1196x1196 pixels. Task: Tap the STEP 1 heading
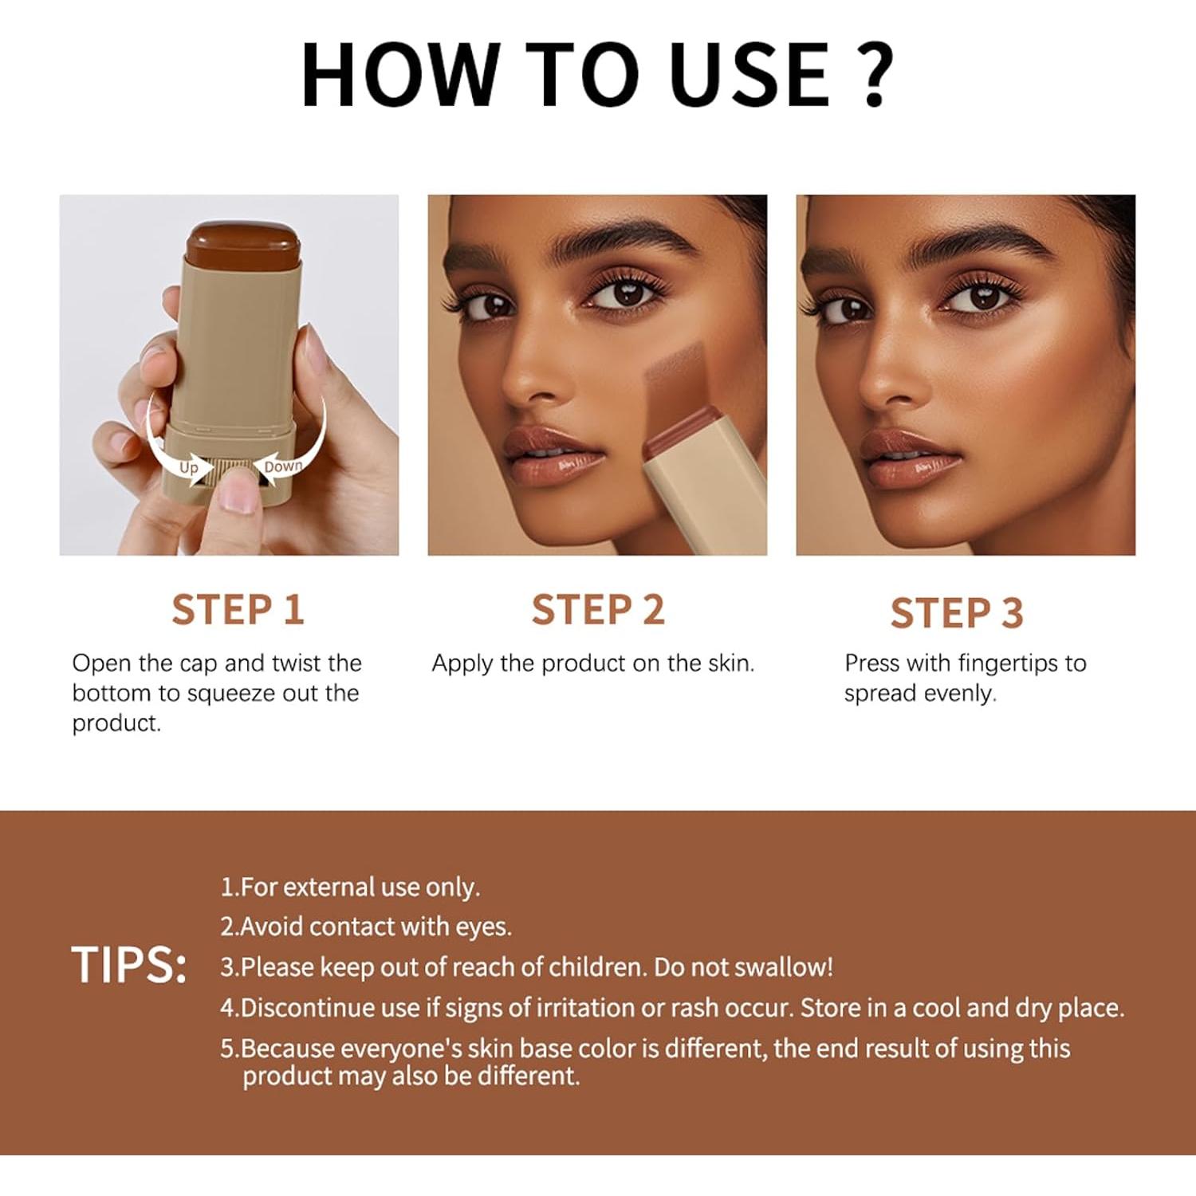coord(238,610)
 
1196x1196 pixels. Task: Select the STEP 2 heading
coord(598,610)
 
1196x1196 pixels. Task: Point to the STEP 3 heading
coord(957,613)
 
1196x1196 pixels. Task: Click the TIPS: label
coord(129,965)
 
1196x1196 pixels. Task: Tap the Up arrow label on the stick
coord(189,467)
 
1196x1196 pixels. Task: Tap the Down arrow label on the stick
coord(282,466)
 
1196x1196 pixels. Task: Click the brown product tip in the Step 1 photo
coord(243,243)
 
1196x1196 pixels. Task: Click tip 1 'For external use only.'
coord(351,887)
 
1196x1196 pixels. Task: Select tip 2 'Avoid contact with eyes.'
coord(367,927)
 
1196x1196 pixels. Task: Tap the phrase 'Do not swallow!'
coord(743,967)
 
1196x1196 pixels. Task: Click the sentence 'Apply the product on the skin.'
coord(592,663)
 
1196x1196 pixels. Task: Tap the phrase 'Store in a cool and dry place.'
coord(962,1008)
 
